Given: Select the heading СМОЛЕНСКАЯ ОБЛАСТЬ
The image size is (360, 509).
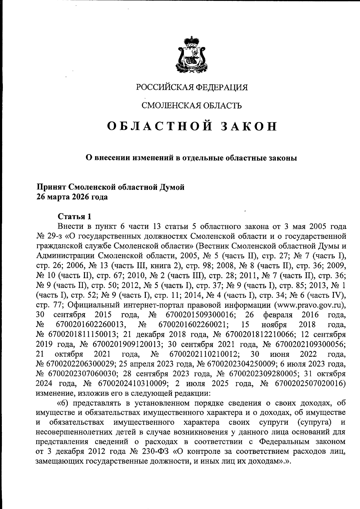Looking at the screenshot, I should pyautogui.click(x=192, y=105).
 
